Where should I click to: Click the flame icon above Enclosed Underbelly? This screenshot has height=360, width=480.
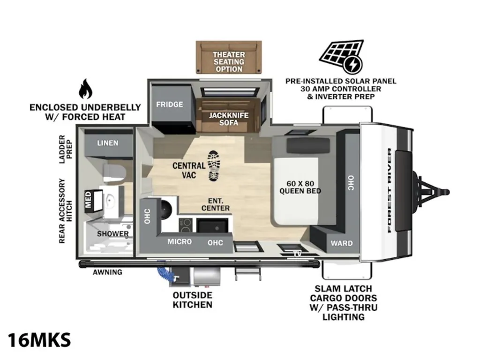click(85, 89)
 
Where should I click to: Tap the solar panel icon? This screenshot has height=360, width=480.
click(342, 57)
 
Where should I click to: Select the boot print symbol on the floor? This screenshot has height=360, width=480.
click(214, 165)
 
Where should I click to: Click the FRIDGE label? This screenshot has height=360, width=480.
click(170, 105)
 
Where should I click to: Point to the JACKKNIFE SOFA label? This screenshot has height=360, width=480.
click(229, 119)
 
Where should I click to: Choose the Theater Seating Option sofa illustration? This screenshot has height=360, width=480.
click(229, 57)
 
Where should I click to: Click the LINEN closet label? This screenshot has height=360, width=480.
click(108, 143)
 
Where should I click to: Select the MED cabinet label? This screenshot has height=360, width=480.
click(89, 200)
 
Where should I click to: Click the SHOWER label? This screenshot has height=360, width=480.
click(112, 234)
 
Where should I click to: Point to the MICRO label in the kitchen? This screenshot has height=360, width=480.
click(180, 242)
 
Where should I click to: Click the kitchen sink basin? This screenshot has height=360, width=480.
click(212, 226)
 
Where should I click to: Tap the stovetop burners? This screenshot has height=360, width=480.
click(186, 225)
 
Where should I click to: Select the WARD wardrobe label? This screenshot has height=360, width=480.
click(342, 243)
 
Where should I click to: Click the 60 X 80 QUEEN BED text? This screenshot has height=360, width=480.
click(300, 187)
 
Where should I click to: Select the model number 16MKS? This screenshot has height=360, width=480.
click(39, 340)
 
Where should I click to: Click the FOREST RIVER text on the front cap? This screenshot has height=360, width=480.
click(390, 190)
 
